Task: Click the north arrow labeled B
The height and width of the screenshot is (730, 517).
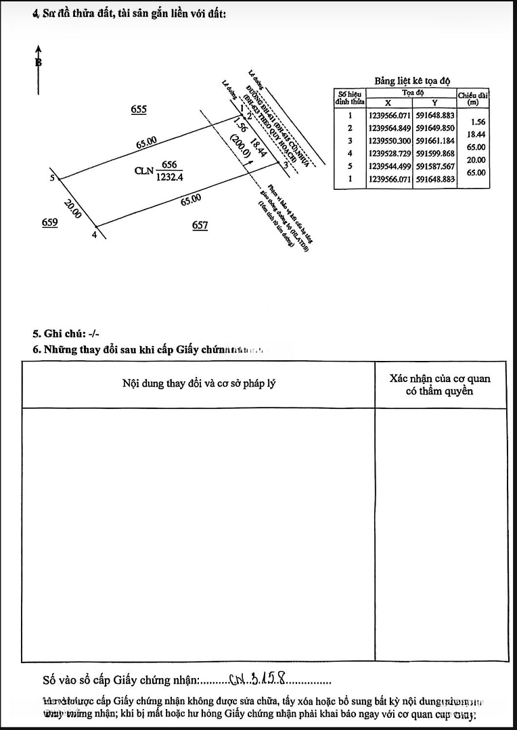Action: click(x=39, y=62)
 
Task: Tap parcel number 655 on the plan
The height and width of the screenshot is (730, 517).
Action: click(x=139, y=109)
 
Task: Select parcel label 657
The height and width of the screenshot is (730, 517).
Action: click(x=200, y=226)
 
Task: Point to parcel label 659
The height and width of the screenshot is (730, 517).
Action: click(x=49, y=222)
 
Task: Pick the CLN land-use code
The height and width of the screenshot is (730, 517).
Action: click(x=143, y=171)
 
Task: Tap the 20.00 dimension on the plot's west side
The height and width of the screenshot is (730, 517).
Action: click(x=72, y=209)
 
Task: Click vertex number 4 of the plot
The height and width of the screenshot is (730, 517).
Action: click(x=94, y=235)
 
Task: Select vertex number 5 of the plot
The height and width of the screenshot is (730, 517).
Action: click(x=52, y=178)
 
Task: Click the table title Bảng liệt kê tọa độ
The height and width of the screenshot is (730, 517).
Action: click(x=412, y=80)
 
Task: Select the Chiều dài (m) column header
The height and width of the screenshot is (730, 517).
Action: click(x=473, y=99)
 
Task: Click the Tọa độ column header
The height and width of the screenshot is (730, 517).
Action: click(x=412, y=93)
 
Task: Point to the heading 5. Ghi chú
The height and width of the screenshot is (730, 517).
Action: click(x=66, y=334)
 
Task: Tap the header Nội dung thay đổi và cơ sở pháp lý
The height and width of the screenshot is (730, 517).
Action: click(x=198, y=384)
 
